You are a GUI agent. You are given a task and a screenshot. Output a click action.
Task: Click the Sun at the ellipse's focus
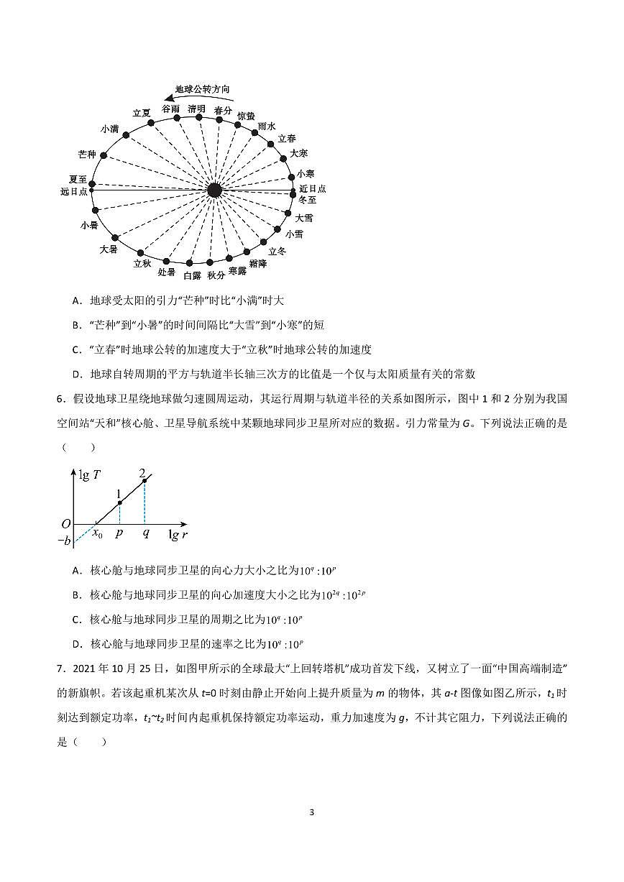click(x=214, y=190)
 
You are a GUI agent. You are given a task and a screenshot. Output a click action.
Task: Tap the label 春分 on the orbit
click(x=224, y=111)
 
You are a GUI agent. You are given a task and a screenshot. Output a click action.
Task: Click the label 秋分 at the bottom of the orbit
click(x=216, y=275)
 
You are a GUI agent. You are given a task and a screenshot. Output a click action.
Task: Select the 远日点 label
click(x=74, y=192)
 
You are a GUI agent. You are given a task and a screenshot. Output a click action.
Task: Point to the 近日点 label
click(x=313, y=188)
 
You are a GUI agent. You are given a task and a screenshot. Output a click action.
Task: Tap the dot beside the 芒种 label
click(x=104, y=155)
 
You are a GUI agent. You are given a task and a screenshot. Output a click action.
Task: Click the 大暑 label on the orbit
click(x=108, y=249)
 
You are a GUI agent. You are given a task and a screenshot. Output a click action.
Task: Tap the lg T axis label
click(x=91, y=475)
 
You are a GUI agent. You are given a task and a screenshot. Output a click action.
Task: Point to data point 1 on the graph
click(x=119, y=502)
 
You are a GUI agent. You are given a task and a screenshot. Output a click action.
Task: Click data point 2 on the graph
click(x=144, y=480)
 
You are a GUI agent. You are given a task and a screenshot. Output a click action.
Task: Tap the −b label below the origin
click(x=64, y=541)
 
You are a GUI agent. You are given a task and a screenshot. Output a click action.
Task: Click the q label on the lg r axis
click(x=145, y=534)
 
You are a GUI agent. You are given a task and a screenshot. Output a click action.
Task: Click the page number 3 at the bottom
click(x=311, y=812)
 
